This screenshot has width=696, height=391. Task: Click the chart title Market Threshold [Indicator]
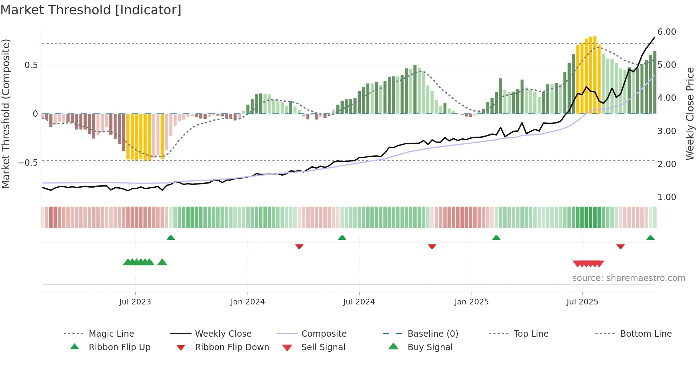pos(91,10)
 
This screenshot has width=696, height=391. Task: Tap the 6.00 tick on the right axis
pos(667,32)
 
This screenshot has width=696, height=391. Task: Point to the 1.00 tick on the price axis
pos(667,197)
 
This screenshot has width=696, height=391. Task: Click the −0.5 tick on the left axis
pos(28,163)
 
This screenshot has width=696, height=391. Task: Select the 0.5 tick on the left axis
pos(31,65)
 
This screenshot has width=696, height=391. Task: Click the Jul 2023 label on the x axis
pos(135,302)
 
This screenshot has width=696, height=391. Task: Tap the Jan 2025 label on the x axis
pos(471,302)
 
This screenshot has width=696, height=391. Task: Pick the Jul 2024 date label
pos(359,302)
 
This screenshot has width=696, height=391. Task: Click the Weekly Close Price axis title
pos(690,114)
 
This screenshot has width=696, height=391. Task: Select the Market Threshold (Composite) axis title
pos(6,114)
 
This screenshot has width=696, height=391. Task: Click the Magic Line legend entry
pos(111,334)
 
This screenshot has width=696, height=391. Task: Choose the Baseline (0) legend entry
pos(433,334)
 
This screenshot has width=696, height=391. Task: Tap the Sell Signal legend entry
pos(323,347)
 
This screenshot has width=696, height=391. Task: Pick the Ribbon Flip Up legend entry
pos(119,347)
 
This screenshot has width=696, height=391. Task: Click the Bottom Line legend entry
pos(646,334)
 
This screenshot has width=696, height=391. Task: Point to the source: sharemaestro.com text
pos(629,278)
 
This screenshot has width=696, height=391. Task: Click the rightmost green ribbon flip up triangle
pos(650,238)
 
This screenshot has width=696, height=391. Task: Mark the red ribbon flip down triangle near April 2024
pos(299,246)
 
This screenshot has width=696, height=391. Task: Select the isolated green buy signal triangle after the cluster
pos(162,262)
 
